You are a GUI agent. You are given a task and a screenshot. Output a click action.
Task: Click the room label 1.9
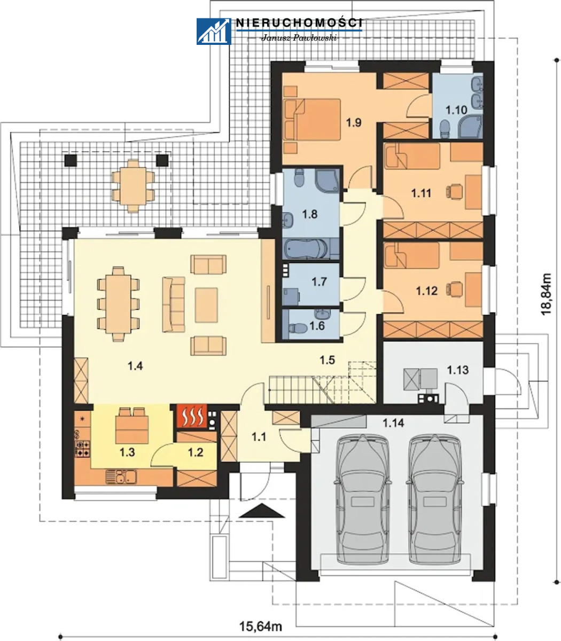pyautogui.click(x=354, y=122)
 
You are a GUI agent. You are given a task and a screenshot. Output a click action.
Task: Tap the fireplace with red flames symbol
pyautogui.click(x=192, y=416)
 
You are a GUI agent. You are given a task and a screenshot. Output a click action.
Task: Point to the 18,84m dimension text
pyautogui.click(x=546, y=294)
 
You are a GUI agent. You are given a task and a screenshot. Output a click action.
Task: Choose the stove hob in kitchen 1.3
pyautogui.click(x=82, y=448)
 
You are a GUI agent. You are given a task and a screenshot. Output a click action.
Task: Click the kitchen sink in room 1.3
pyautogui.click(x=121, y=476)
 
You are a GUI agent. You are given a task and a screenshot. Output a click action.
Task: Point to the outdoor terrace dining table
pyautogui.click(x=133, y=185)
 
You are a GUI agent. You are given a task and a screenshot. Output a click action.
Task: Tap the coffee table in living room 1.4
pyautogui.click(x=206, y=305)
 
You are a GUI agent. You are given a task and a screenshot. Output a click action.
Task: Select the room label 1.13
pyautogui.click(x=457, y=370)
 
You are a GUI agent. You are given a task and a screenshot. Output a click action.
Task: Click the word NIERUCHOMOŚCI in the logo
pyautogui.click(x=299, y=23)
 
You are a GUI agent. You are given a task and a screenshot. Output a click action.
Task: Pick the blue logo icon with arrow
pyautogui.click(x=214, y=32)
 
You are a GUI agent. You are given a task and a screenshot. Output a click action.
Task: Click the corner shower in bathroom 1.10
pyautogui.click(x=470, y=127)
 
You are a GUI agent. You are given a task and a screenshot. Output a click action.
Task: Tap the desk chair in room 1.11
pyautogui.click(x=454, y=191)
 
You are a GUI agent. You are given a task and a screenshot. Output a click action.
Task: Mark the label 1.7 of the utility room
pyautogui.click(x=319, y=282)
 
